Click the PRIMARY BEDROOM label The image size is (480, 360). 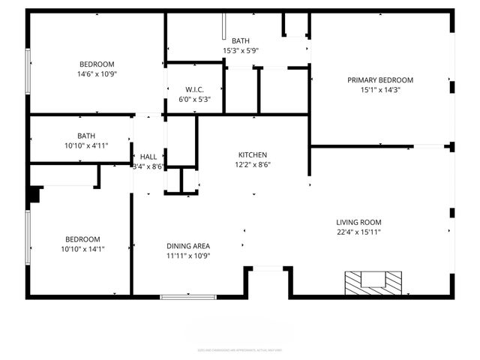pyautogui.click(x=379, y=79)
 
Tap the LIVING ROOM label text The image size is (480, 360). pyautogui.click(x=358, y=222)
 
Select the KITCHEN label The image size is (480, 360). pyautogui.click(x=253, y=154)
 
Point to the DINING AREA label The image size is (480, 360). pyautogui.click(x=187, y=245)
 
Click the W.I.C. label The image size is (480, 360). pyautogui.click(x=194, y=89)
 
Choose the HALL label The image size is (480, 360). pyautogui.click(x=148, y=157)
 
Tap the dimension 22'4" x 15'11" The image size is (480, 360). pyautogui.click(x=358, y=232)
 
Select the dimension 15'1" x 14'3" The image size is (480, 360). pyautogui.click(x=379, y=89)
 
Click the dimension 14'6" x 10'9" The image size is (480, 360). pyautogui.click(x=97, y=73)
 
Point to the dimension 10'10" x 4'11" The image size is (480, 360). pyautogui.click(x=87, y=145)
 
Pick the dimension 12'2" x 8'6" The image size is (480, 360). pyautogui.click(x=253, y=164)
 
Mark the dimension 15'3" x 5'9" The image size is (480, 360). pyautogui.click(x=240, y=50)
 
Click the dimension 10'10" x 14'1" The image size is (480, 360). pyautogui.click(x=82, y=248)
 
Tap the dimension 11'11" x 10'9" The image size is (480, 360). pyautogui.click(x=187, y=255)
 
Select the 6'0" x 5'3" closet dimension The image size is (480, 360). pyautogui.click(x=194, y=99)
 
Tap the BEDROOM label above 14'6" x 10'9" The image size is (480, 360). pyautogui.click(x=97, y=64)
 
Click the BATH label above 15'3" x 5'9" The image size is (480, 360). pyautogui.click(x=240, y=40)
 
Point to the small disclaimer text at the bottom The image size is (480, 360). pyautogui.click(x=240, y=349)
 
